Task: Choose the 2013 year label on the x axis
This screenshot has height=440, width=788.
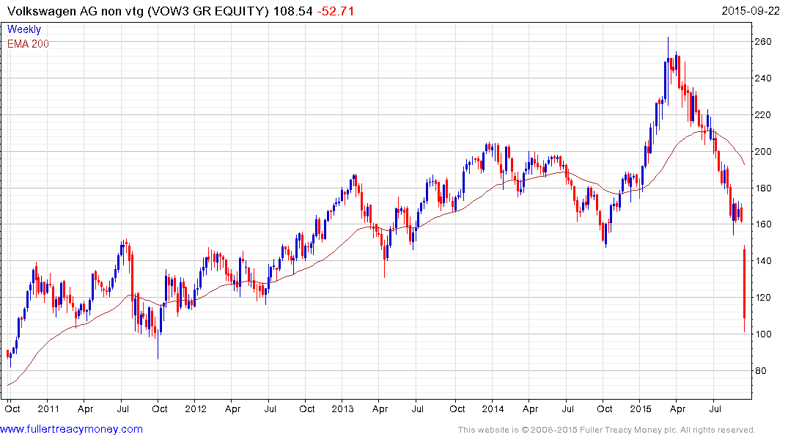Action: [x=343, y=409]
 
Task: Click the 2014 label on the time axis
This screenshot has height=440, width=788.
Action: [x=493, y=409]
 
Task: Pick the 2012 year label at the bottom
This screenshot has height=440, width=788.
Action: [x=196, y=409]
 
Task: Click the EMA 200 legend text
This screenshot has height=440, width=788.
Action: [x=29, y=43]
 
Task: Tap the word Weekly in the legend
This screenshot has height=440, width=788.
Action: [x=24, y=30]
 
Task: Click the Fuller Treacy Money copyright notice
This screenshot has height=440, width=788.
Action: [x=606, y=430]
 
